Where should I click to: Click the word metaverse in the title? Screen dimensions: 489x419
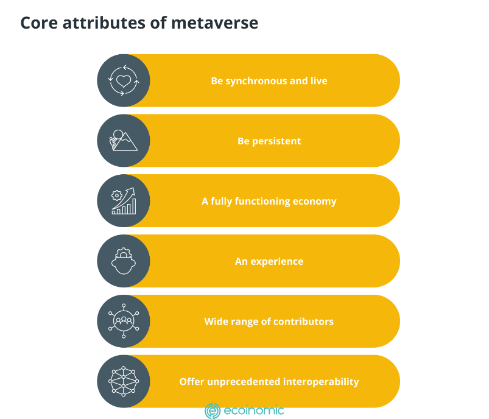[214, 23]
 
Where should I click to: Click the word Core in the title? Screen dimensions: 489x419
[39, 23]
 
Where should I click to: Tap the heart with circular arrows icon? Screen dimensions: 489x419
[124, 80]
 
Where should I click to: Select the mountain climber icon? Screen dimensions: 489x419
[123, 141]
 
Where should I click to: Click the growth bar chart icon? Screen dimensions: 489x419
[124, 201]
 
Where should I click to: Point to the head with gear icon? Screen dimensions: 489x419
[124, 261]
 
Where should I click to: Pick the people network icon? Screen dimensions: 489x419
[124, 321]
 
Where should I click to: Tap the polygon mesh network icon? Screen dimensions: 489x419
[124, 381]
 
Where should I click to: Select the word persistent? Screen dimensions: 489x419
[276, 141]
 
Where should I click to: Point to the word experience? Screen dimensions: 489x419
[277, 261]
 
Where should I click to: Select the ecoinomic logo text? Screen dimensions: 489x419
[254, 410]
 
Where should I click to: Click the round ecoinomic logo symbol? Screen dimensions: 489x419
[213, 411]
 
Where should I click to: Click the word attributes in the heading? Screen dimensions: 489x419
[104, 23]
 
